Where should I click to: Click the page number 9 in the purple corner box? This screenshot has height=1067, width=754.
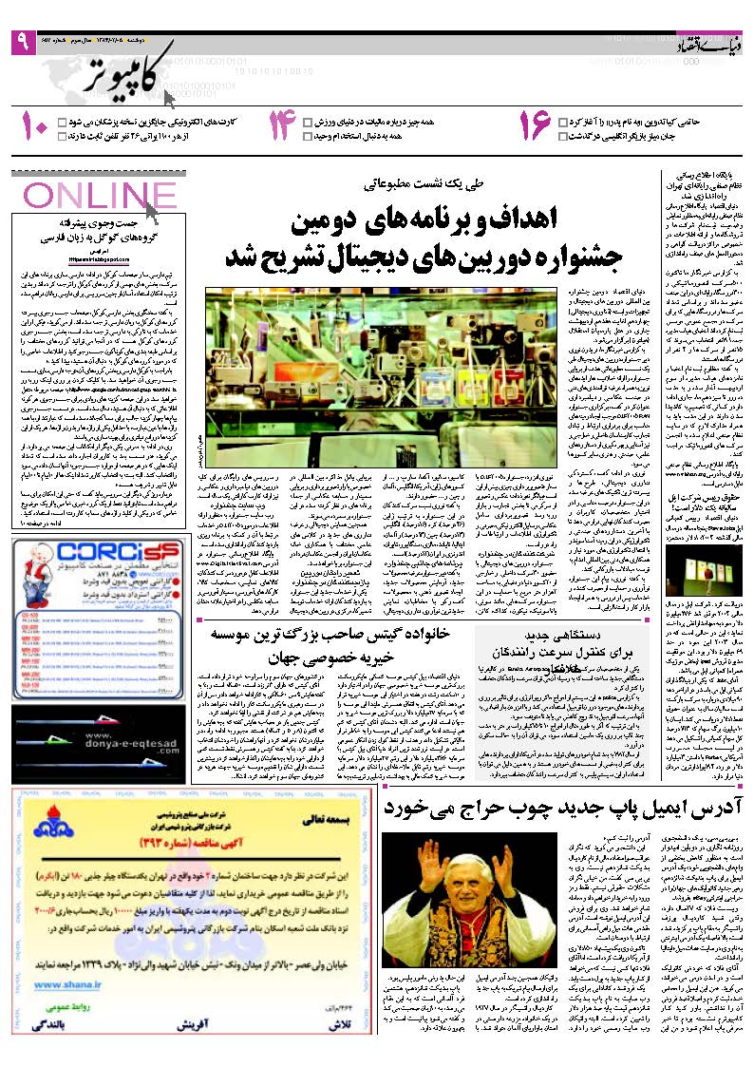point(20,42)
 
